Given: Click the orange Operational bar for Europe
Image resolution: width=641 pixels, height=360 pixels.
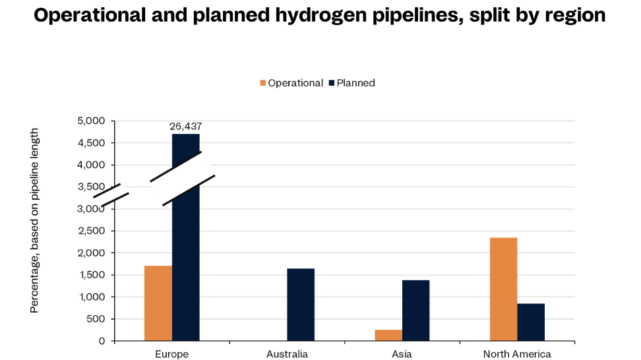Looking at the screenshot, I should click(158, 303).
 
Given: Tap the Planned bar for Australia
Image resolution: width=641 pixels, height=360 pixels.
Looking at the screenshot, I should click(301, 305).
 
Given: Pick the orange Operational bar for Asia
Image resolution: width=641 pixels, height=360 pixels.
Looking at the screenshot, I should click(388, 335).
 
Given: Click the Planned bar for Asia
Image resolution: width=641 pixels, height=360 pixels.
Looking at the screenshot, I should click(415, 310).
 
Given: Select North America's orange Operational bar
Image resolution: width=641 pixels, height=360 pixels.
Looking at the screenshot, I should click(503, 289).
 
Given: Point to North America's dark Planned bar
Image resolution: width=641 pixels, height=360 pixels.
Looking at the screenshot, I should click(531, 322).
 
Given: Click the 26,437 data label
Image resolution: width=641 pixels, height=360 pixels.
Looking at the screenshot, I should click(186, 126).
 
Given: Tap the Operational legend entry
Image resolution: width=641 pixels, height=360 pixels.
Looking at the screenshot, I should click(291, 83).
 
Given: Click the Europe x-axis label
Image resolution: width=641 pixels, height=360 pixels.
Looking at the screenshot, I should click(172, 354).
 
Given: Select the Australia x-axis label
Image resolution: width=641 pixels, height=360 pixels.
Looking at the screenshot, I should click(287, 354).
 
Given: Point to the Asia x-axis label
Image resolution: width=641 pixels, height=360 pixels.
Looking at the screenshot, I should click(402, 354).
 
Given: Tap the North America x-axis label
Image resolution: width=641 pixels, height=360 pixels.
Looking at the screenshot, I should click(517, 354).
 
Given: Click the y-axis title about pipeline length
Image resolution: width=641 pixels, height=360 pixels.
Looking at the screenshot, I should click(34, 221).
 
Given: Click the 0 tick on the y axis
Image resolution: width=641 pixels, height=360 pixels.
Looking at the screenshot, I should click(102, 341).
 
